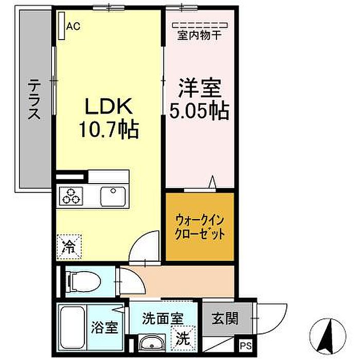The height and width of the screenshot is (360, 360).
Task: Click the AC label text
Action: (73, 26)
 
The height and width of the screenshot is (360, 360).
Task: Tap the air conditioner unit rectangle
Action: (61, 26)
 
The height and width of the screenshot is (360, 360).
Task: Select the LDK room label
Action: (109, 106)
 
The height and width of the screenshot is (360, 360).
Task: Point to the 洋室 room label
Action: (200, 88)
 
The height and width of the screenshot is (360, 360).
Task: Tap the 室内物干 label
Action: (200, 35)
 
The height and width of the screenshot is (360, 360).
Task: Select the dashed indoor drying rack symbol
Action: (200, 25)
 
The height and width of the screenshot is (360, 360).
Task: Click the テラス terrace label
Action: (34, 99)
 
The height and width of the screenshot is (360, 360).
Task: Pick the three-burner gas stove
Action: (71, 195)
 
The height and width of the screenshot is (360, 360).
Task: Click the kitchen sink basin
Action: (113, 196)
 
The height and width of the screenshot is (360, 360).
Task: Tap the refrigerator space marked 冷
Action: (69, 247)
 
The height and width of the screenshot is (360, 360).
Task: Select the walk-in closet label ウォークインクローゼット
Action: (200, 227)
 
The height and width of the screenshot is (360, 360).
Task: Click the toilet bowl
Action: (84, 281)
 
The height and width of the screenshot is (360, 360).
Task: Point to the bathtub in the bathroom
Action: (73, 328)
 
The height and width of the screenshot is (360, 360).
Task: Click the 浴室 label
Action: (104, 327)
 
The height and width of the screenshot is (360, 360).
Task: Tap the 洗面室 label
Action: (163, 318)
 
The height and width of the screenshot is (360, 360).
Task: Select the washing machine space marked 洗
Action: (183, 338)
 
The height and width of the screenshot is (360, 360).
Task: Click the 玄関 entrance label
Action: (225, 319)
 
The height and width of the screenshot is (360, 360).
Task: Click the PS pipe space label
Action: (246, 346)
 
